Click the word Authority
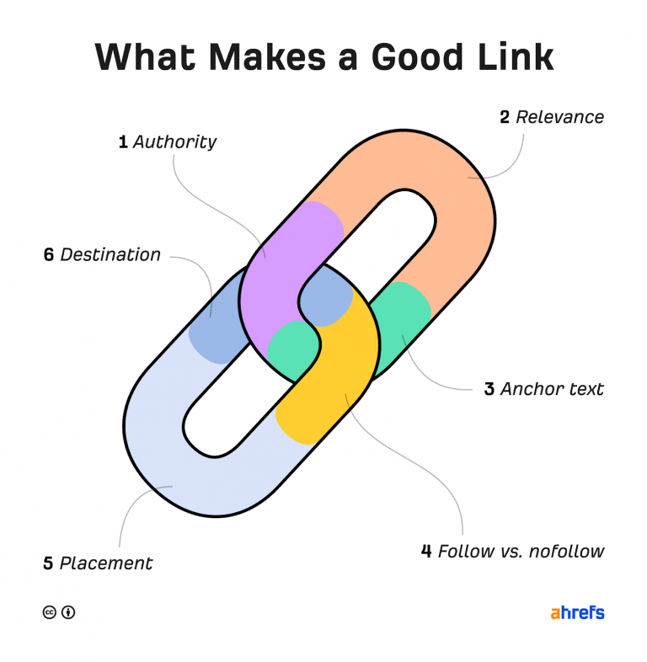(x=174, y=141)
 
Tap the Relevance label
(x=559, y=117)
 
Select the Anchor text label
(x=552, y=389)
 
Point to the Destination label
(x=110, y=254)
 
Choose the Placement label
(x=106, y=563)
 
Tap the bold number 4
(x=426, y=552)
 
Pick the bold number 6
(x=48, y=254)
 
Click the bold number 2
(x=505, y=117)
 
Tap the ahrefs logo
(x=577, y=612)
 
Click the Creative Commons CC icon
(x=50, y=612)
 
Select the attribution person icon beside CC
(x=68, y=612)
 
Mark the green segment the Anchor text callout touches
(x=400, y=320)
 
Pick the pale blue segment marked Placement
(x=168, y=472)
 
